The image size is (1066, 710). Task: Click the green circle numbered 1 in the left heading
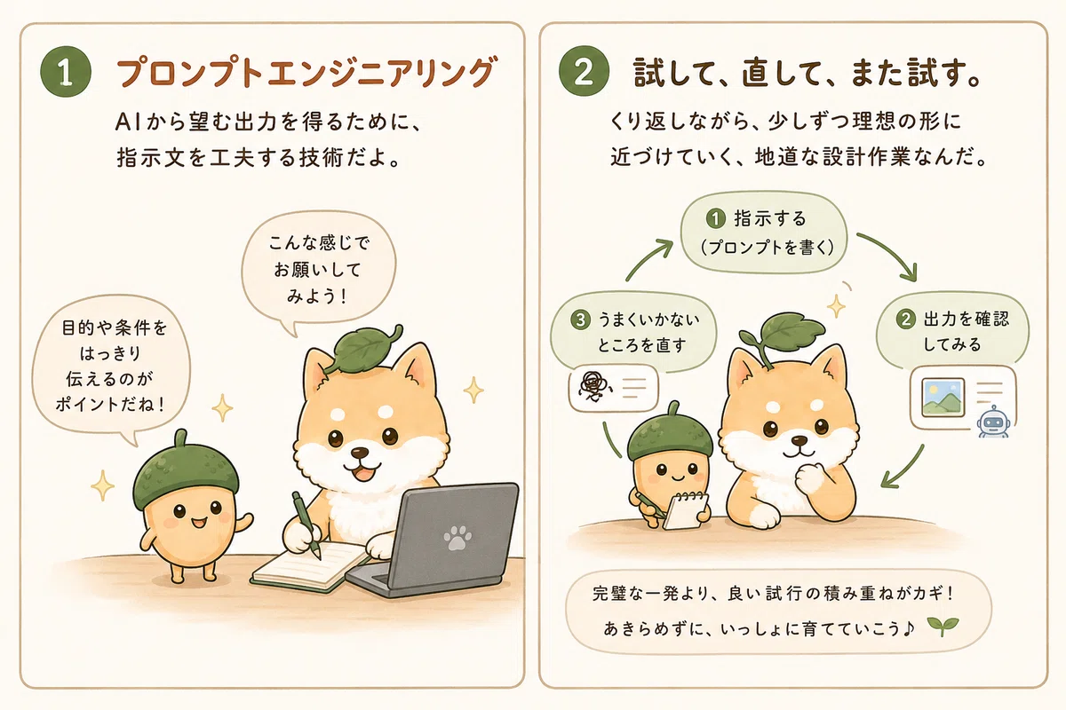66,72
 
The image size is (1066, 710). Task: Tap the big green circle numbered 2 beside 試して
584,71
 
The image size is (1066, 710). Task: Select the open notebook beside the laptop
309,567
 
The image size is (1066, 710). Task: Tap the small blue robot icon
992,422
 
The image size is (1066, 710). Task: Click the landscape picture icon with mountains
943,398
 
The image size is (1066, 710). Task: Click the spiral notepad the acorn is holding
686,510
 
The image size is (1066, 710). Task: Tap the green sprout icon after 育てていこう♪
943,627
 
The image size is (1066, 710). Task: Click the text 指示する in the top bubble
770,218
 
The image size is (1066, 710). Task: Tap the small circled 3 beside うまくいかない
580,319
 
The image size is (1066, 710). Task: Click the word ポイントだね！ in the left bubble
110,404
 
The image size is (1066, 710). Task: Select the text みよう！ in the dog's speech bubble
316,296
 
